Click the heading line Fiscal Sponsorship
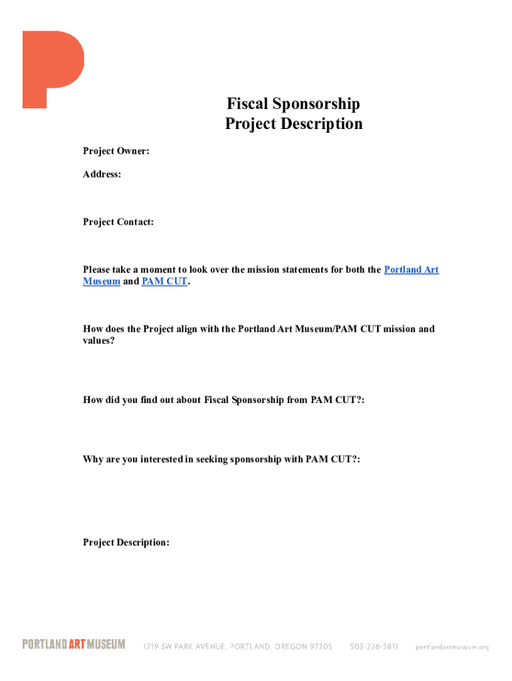pyautogui.click(x=293, y=104)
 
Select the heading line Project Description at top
pyautogui.click(x=293, y=124)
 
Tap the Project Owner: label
pyautogui.click(x=116, y=152)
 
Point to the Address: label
pyautogui.click(x=102, y=175)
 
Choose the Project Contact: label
pyautogui.click(x=118, y=222)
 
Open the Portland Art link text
pyautogui.click(x=412, y=270)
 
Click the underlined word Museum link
pyautogui.click(x=102, y=281)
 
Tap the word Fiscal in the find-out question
pyautogui.click(x=215, y=400)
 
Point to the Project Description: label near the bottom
pyautogui.click(x=126, y=543)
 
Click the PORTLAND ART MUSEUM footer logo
pyautogui.click(x=74, y=644)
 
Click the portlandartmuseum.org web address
pyautogui.click(x=452, y=646)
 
